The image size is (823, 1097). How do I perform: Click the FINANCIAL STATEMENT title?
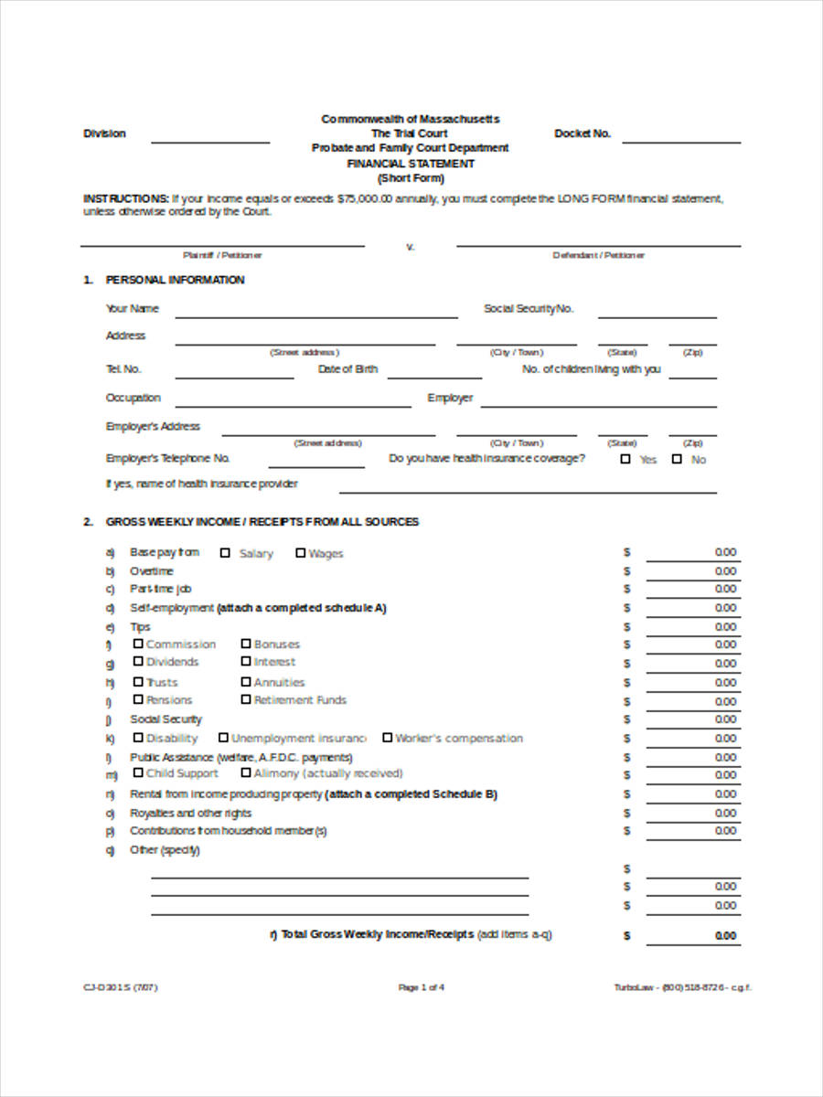pyautogui.click(x=411, y=164)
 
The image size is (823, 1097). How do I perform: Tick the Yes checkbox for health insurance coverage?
pyautogui.click(x=625, y=459)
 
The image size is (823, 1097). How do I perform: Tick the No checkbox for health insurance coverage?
pyautogui.click(x=677, y=459)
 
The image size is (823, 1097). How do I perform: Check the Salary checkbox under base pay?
pyautogui.click(x=225, y=552)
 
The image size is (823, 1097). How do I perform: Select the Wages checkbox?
pyautogui.click(x=300, y=552)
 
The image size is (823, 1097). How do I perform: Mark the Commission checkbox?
pyautogui.click(x=138, y=644)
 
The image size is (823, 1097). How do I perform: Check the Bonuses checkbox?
pyautogui.click(x=246, y=644)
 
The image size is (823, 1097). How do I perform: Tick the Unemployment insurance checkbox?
pyautogui.click(x=223, y=737)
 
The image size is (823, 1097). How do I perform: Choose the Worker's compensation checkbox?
pyautogui.click(x=387, y=737)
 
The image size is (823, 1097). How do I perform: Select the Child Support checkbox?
pyautogui.click(x=138, y=772)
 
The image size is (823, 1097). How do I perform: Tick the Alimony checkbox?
pyautogui.click(x=246, y=772)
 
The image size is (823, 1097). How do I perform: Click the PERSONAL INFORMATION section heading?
pyautogui.click(x=175, y=280)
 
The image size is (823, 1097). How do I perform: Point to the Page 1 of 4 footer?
pyautogui.click(x=421, y=987)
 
